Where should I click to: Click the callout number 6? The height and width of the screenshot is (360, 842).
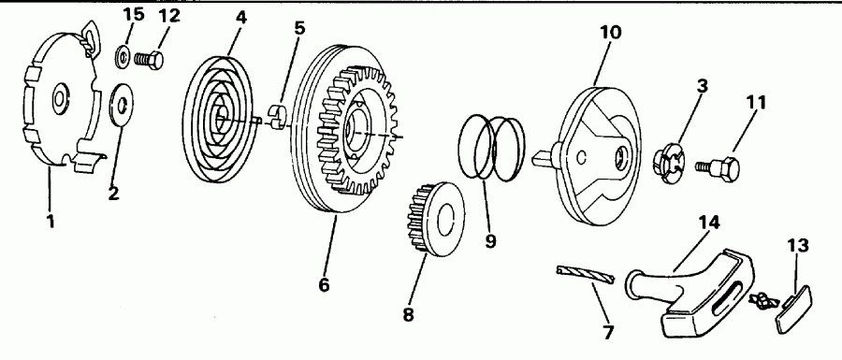click(324, 284)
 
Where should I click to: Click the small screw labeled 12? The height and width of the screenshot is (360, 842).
click(149, 59)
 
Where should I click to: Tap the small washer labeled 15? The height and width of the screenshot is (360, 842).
click(123, 55)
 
